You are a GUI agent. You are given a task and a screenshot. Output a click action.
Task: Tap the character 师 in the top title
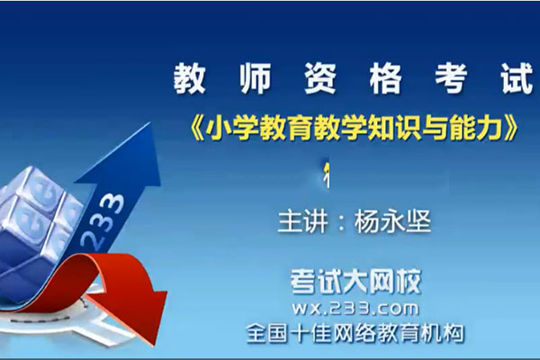click(257, 80)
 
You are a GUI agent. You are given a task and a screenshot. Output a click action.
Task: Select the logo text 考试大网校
click(356, 282)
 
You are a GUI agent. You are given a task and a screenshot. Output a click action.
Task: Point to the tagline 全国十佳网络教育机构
click(356, 333)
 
